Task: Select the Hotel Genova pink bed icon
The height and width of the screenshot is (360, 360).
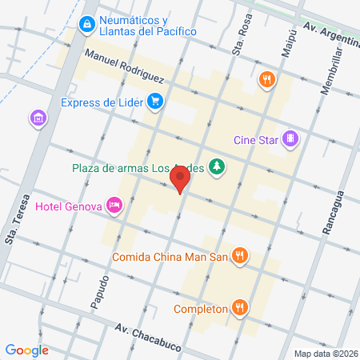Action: point(115,206)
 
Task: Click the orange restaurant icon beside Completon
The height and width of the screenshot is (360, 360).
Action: point(239,307)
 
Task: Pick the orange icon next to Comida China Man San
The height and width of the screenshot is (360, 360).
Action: point(239,256)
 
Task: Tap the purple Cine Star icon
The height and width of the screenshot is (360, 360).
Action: point(292,139)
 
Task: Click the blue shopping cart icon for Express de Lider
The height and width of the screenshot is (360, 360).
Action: point(155,102)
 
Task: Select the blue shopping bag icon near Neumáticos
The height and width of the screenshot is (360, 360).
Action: point(86,25)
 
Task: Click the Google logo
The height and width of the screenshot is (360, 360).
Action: point(26,350)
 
